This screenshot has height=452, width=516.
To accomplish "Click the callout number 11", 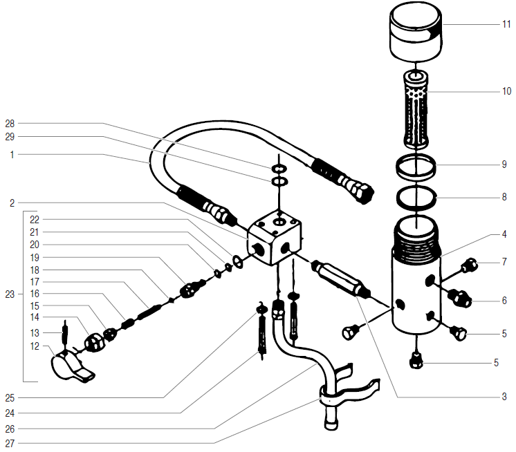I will tap(506, 24).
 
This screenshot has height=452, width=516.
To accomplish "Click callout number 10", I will tap(506, 91).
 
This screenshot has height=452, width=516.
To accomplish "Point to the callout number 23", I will tap(9, 294).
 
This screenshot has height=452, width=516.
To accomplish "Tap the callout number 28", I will tap(10, 124).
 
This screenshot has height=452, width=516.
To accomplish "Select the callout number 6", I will tap(505, 301).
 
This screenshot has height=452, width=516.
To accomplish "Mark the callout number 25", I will tap(10, 397).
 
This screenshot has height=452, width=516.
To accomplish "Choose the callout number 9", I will tap(505, 164).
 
